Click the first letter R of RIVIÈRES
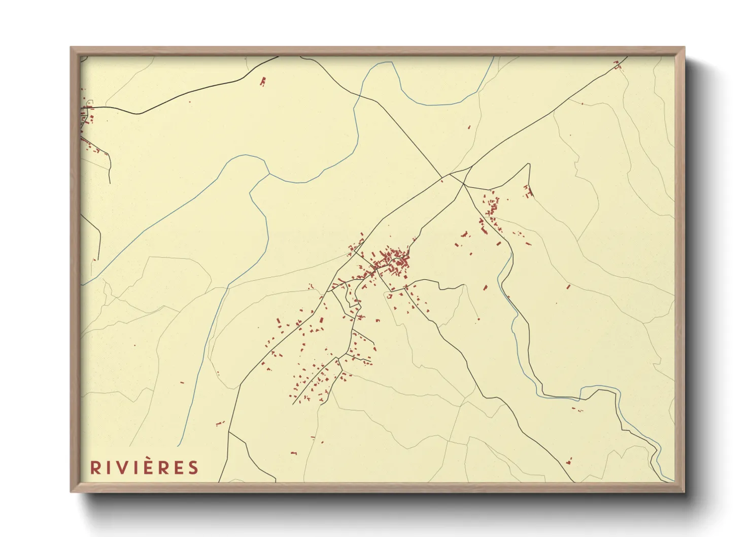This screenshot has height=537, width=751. tap(95, 467)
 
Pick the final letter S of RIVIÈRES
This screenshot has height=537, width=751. tap(193, 467)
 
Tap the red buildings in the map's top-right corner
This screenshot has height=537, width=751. tap(618, 64)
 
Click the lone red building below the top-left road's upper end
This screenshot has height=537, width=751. tap(263, 81)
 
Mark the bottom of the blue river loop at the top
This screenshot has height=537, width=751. tap(436, 105)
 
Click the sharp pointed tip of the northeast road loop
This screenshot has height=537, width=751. tap(529, 164)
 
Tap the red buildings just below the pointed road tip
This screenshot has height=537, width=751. tap(528, 192)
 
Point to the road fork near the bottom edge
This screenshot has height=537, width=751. tap(229, 432)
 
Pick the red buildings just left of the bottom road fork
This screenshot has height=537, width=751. tap(220, 423)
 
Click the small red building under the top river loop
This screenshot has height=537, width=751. tap(469, 127)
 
